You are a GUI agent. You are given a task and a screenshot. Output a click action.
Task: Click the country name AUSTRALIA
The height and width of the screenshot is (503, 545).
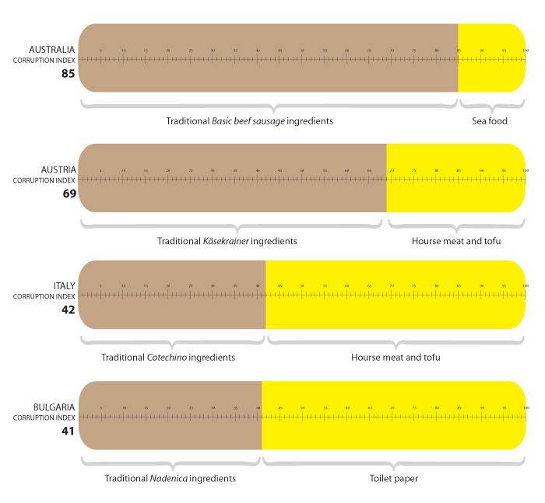coord(51,49)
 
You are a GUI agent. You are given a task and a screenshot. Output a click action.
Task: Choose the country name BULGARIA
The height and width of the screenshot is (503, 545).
coord(54,407)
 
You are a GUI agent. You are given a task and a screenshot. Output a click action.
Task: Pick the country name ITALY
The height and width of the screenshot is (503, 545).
coord(64,286)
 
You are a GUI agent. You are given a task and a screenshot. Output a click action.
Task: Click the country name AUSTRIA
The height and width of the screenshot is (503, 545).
coord(58,169)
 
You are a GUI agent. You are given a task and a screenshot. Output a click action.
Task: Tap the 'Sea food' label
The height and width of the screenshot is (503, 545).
coord(490,121)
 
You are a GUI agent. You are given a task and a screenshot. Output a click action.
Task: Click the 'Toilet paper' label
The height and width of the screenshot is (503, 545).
coord(394,478)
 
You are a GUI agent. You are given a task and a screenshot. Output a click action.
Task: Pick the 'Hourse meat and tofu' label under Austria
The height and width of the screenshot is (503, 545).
coord(456,241)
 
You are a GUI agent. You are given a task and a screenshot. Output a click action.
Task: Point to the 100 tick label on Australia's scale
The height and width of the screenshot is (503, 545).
coord(526,51)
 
